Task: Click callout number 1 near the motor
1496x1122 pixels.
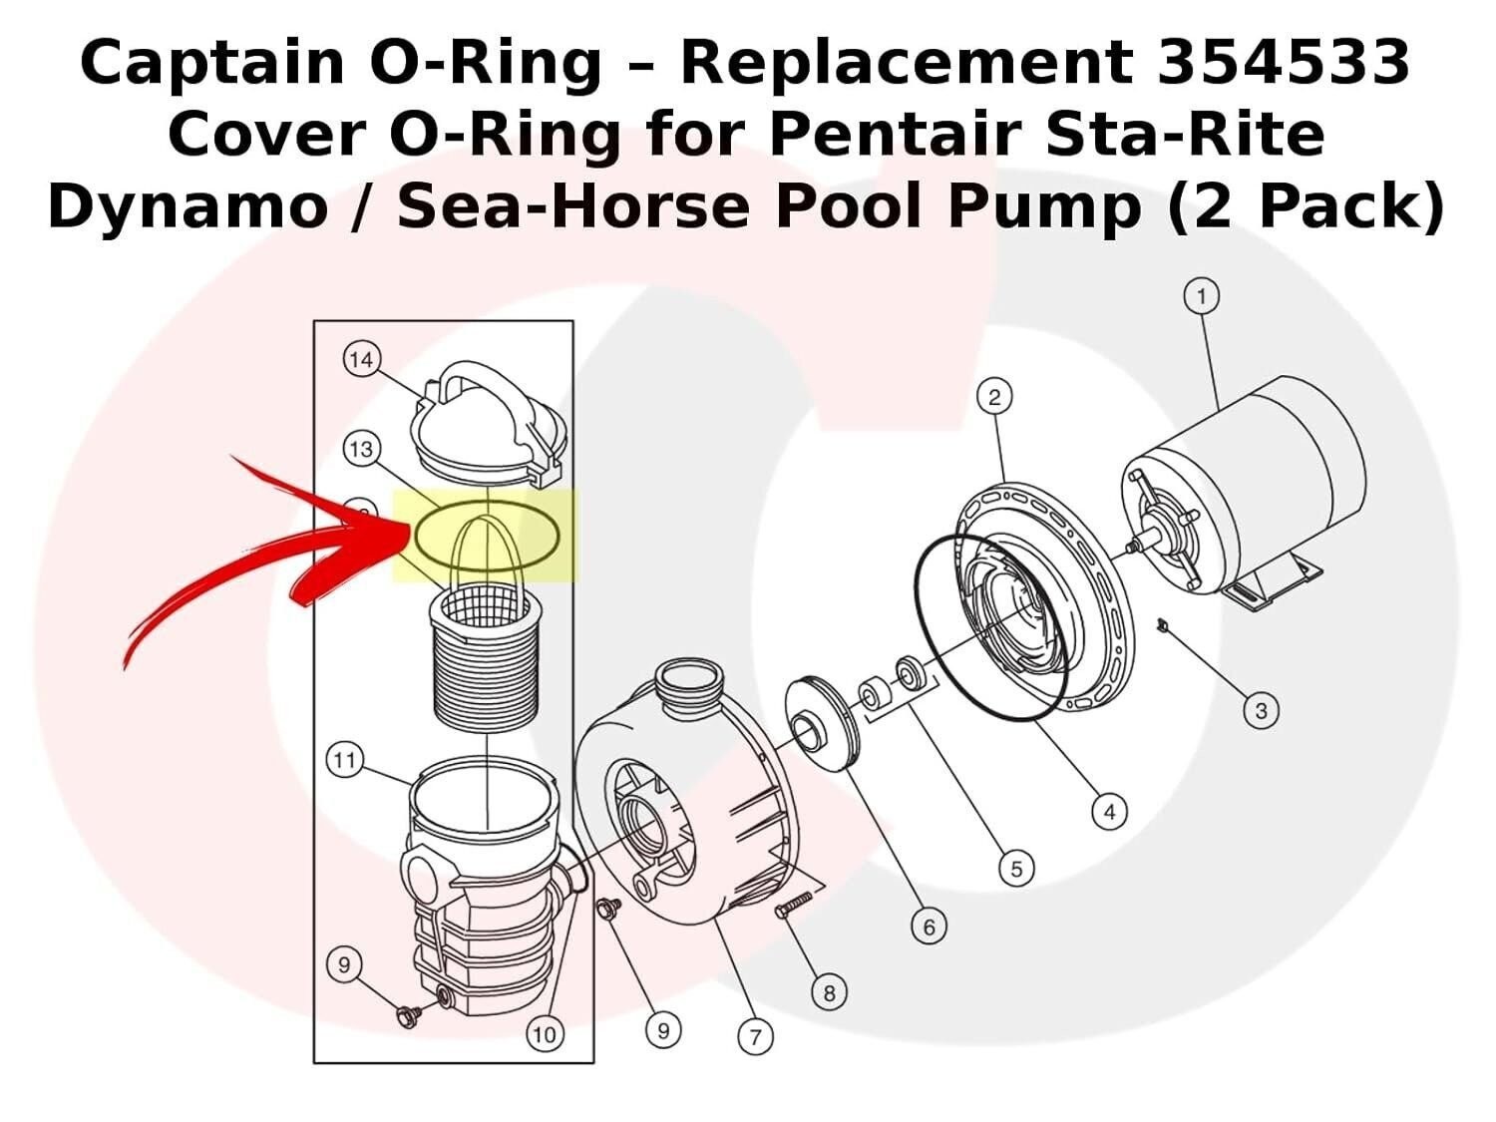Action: (1202, 296)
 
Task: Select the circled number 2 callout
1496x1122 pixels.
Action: (994, 397)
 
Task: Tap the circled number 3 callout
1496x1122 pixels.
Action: (1261, 711)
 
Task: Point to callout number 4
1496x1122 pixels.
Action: (1109, 813)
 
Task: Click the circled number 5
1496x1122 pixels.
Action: (1016, 869)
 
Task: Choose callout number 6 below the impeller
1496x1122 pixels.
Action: (929, 928)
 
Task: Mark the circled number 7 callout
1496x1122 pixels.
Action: (755, 1037)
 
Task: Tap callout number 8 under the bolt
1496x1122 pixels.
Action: (829, 992)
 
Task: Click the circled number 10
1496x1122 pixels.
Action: (544, 1034)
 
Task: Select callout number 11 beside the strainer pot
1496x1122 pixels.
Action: (344, 762)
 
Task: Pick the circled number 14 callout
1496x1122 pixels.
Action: (361, 359)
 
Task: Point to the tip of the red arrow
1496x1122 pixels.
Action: (407, 529)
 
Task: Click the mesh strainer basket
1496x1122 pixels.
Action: (486, 658)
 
